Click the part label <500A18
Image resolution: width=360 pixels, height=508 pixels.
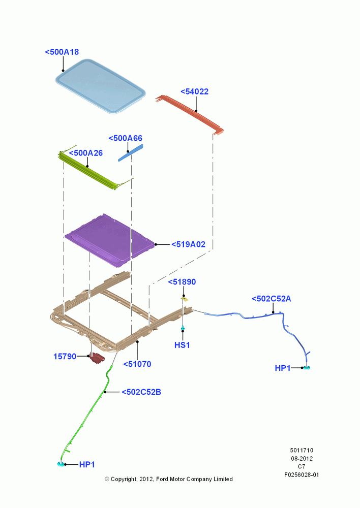pyautogui.click(x=62, y=52)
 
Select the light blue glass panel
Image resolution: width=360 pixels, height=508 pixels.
pyautogui.click(x=100, y=86)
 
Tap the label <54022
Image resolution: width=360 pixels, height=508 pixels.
pyautogui.click(x=194, y=91)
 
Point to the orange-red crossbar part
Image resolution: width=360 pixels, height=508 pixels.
pyautogui.click(x=190, y=114)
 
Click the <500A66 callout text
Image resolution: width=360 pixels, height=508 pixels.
pyautogui.click(x=125, y=138)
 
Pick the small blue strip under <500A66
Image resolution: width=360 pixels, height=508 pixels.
pyautogui.click(x=130, y=152)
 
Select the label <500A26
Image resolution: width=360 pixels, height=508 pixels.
pyautogui.click(x=85, y=153)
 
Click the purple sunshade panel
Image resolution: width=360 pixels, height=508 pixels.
pyautogui.click(x=110, y=240)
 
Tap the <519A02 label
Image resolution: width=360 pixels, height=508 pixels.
pyautogui.click(x=189, y=244)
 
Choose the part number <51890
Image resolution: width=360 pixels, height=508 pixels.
pyautogui.click(x=182, y=282)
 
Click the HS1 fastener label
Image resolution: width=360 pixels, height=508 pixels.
pyautogui.click(x=182, y=345)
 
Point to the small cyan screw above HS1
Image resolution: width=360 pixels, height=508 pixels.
pyautogui.click(x=183, y=328)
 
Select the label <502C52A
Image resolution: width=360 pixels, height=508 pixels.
pyautogui.click(x=271, y=299)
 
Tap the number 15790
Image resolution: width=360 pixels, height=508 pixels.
pyautogui.click(x=65, y=357)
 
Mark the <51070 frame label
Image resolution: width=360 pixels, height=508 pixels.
pyautogui.click(x=137, y=364)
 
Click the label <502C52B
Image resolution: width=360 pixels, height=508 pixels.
pyautogui.click(x=141, y=392)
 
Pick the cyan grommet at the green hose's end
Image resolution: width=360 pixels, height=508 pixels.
pyautogui.click(x=61, y=464)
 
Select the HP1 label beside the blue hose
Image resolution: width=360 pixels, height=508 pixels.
pyautogui.click(x=283, y=368)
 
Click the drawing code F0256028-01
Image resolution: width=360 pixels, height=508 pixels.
pyautogui.click(x=302, y=474)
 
